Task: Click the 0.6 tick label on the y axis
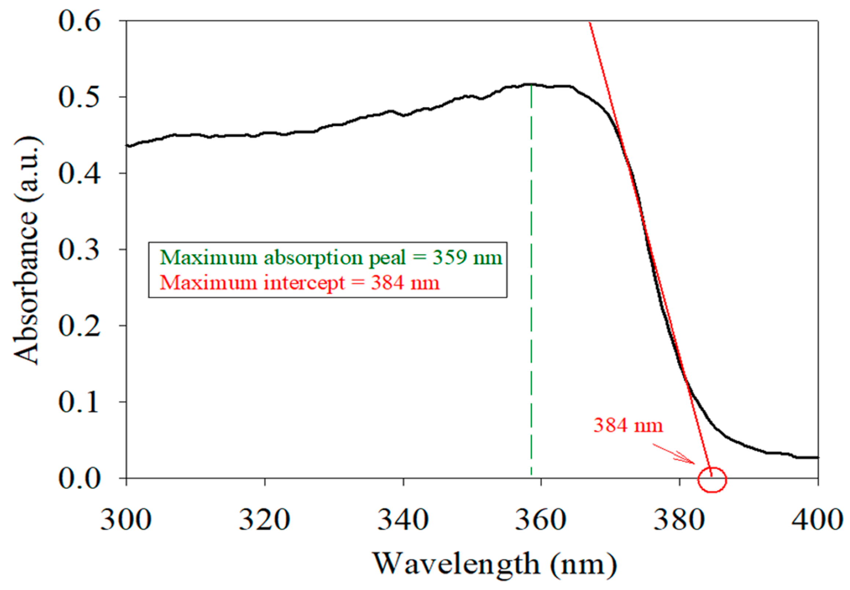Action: pos(79,21)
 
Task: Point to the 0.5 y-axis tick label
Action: pos(79,97)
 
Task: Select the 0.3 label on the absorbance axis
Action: pos(79,249)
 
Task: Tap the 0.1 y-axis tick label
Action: pos(79,402)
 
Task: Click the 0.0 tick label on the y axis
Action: pos(79,479)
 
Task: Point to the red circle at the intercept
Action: pos(712,480)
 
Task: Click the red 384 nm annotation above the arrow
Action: pos(628,425)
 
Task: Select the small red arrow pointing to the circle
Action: pos(674,454)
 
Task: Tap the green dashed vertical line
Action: pos(531,333)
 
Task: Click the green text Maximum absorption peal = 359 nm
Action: pos(331,258)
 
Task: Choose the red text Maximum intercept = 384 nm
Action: pos(299,283)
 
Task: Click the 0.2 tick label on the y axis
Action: pos(79,326)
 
